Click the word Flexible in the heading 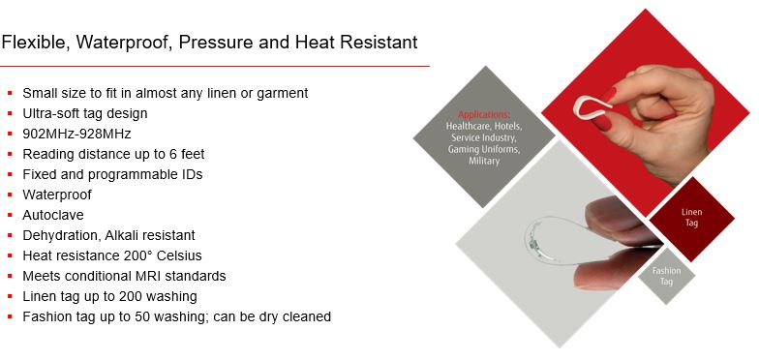[35, 43]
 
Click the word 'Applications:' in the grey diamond [483, 115]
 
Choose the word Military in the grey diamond [483, 161]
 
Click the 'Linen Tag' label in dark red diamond [691, 217]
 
